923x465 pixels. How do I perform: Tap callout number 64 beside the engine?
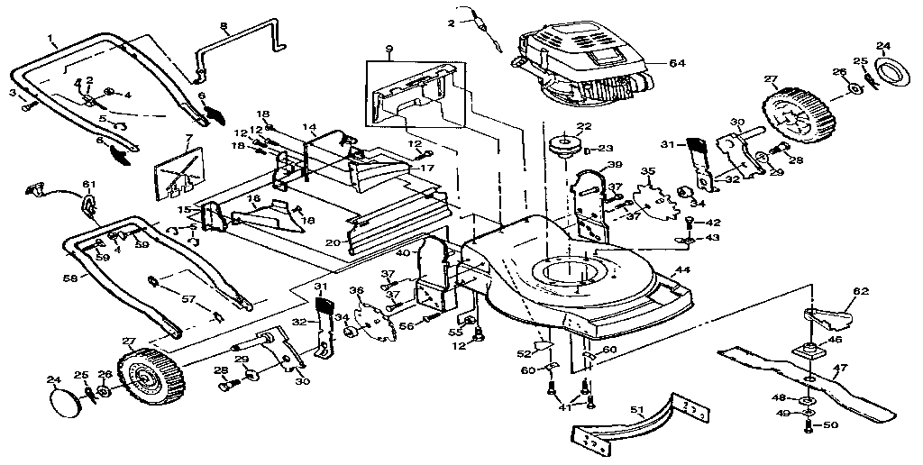tap(678, 63)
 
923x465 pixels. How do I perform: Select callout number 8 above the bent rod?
tap(223, 28)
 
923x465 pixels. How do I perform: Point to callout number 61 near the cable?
tap(89, 185)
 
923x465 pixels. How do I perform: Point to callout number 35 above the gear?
tap(647, 171)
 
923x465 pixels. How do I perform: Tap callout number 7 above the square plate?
tap(188, 138)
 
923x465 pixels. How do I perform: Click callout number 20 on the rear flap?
tap(332, 242)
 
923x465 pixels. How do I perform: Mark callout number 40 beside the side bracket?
tap(403, 252)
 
